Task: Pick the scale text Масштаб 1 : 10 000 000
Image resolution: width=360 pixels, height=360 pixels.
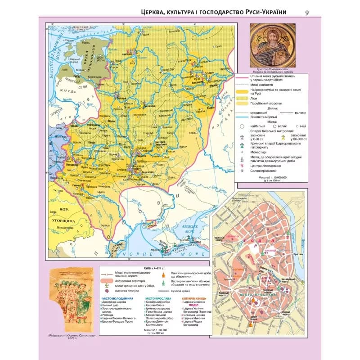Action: [268, 177]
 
